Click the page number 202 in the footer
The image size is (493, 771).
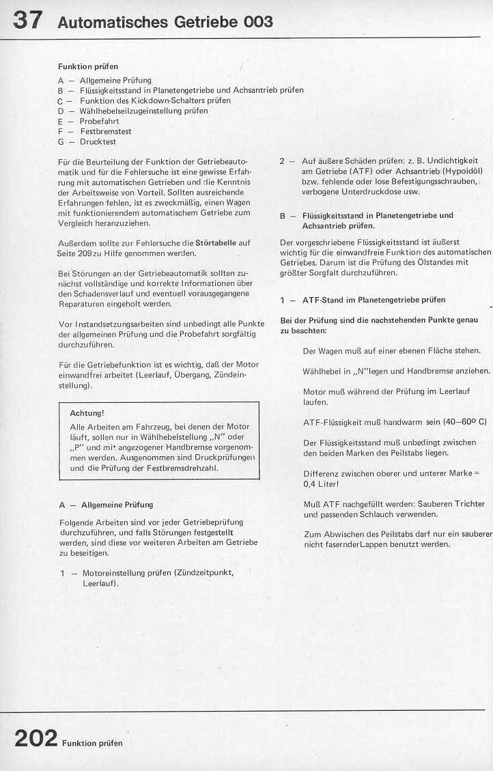click(x=35, y=739)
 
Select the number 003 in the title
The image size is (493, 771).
click(x=257, y=22)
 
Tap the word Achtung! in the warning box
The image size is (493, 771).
click(x=87, y=413)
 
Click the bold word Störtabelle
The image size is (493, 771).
click(x=223, y=242)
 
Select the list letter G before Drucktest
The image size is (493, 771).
click(x=61, y=141)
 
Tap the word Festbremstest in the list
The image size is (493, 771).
click(x=106, y=131)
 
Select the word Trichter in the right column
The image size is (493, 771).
click(x=470, y=503)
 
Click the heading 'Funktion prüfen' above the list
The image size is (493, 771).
click(x=88, y=66)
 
